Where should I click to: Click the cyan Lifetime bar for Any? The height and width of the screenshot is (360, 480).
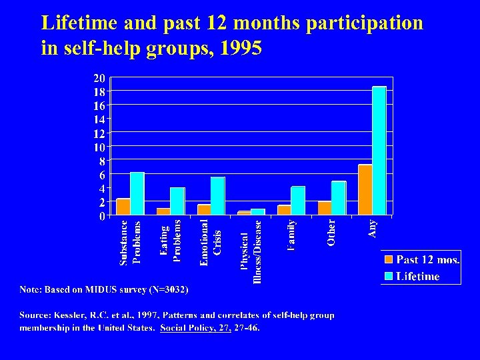pos(379,151)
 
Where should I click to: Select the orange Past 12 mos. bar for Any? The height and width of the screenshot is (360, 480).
pos(365,189)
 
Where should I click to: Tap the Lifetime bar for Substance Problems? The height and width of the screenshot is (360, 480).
pos(137,193)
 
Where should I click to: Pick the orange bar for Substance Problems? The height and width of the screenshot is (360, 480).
pos(123,207)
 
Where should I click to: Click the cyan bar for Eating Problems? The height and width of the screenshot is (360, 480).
pos(177,201)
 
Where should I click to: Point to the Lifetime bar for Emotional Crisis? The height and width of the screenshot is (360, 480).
pos(217,196)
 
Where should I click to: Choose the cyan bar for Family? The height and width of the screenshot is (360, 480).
pos(297,200)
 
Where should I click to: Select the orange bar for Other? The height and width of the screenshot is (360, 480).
pos(325,207)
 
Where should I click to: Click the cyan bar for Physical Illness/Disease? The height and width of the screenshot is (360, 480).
pos(257,211)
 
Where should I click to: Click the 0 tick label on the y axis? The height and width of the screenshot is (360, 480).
pos(101,215)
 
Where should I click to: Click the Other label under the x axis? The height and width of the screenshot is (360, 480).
pos(331,233)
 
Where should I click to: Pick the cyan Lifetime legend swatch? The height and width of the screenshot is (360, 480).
pos(388,275)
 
